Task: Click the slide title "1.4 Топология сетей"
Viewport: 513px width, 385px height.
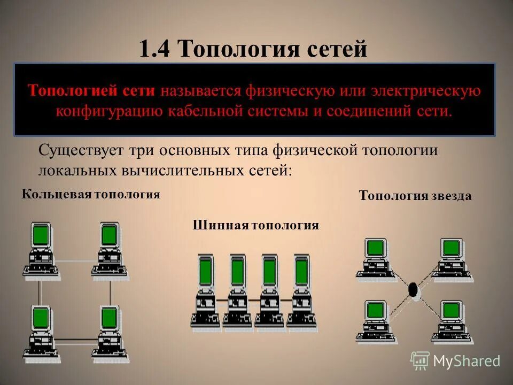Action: point(253,49)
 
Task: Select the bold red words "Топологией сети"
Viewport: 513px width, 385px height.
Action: point(91,91)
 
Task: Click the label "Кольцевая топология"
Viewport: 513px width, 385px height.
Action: point(91,194)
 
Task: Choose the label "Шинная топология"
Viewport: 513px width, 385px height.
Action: point(255,226)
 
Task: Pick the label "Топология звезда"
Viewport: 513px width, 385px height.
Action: point(415,196)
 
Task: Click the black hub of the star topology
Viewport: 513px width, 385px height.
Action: point(413,290)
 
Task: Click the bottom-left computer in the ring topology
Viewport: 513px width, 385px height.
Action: point(40,332)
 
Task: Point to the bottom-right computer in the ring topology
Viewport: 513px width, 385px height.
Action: point(110,332)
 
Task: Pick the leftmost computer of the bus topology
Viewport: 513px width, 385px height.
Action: point(205,291)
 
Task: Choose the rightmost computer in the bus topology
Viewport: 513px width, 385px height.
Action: point(302,291)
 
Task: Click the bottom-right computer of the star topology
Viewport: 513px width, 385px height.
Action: point(452,321)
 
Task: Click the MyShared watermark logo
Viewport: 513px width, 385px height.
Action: point(455,361)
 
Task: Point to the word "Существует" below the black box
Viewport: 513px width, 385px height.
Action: point(80,151)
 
